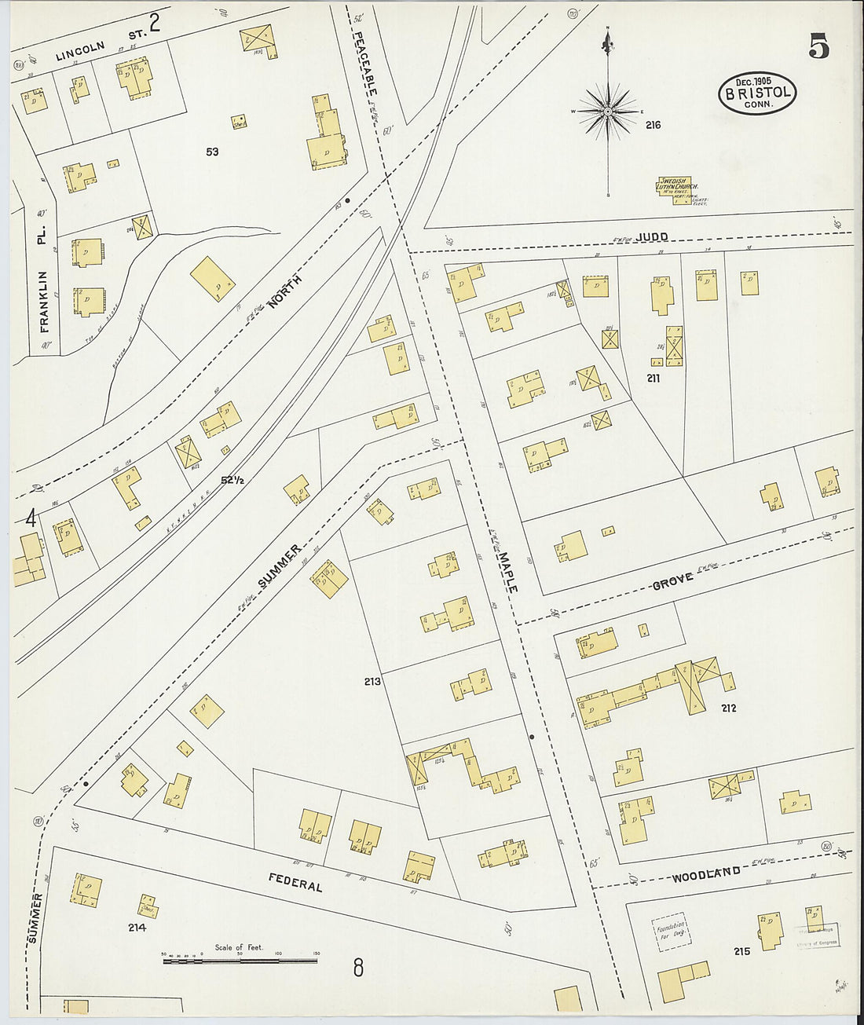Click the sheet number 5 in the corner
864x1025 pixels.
pyautogui.click(x=818, y=49)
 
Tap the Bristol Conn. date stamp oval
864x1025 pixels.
pyautogui.click(x=757, y=93)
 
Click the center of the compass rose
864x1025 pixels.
pyautogui.click(x=607, y=112)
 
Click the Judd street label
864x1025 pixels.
pyautogui.click(x=652, y=236)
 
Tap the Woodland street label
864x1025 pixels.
pyautogui.click(x=705, y=873)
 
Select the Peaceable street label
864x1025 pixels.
pyautogui.click(x=363, y=63)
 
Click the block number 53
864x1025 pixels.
pyautogui.click(x=212, y=152)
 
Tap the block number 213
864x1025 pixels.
pyautogui.click(x=372, y=681)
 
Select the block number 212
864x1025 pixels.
pyautogui.click(x=728, y=708)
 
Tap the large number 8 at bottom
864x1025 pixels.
pyautogui.click(x=358, y=968)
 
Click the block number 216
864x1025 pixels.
pyautogui.click(x=653, y=125)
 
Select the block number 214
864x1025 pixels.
pyautogui.click(x=137, y=928)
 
